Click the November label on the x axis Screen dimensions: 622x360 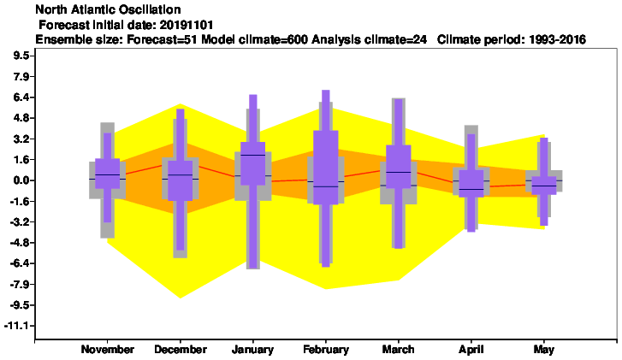[x=108, y=349]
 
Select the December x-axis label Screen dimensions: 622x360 [x=181, y=349]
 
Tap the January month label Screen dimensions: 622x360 [x=253, y=350]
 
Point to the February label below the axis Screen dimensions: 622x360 [x=326, y=350]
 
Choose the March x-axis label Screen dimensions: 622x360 [x=399, y=349]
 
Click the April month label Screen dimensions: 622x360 [x=471, y=350]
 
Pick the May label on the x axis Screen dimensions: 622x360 [x=544, y=350]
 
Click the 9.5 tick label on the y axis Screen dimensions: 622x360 [x=21, y=56]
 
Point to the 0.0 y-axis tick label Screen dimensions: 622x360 [x=21, y=180]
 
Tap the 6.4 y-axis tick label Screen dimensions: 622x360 [x=21, y=97]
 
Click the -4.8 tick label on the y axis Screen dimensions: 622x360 [x=19, y=243]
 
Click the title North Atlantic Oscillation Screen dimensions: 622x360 [x=109, y=9]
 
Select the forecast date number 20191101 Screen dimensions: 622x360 [x=187, y=25]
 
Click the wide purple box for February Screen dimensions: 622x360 [x=326, y=168]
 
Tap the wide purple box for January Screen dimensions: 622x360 [x=253, y=163]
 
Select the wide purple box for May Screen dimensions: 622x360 [x=544, y=186]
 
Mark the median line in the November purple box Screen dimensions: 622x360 [x=108, y=174]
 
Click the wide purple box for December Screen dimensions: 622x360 [x=181, y=180]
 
